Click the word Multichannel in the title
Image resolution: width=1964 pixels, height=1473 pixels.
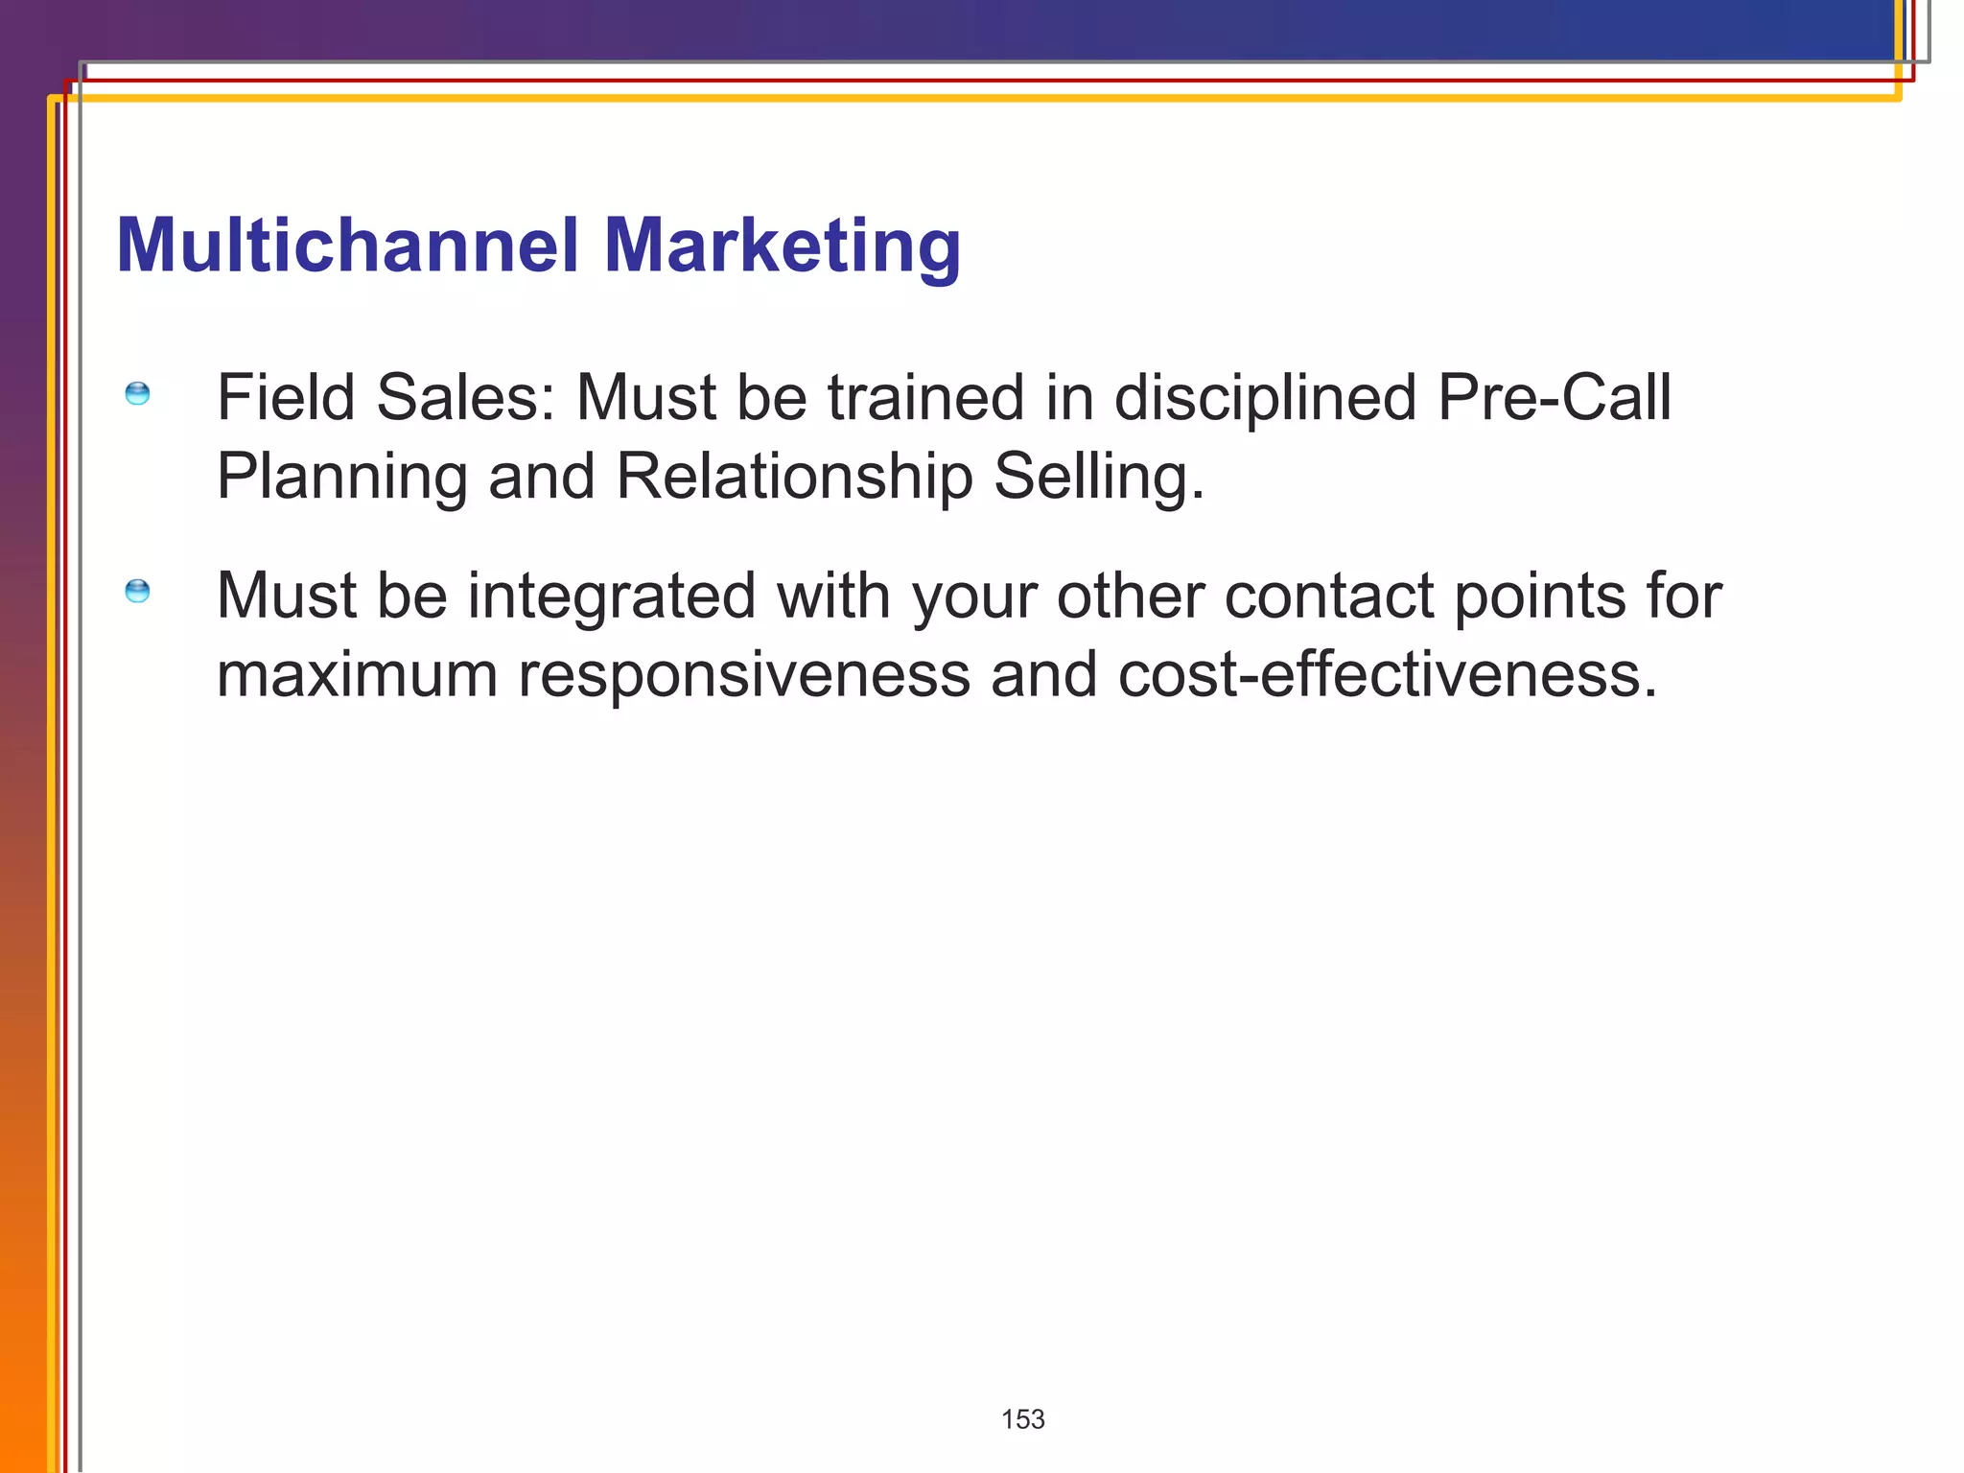click(x=347, y=245)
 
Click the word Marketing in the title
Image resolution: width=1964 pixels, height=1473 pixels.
click(x=782, y=247)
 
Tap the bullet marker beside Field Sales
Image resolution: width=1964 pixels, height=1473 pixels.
click(x=138, y=394)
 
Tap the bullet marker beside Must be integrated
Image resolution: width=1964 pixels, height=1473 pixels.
click(x=138, y=591)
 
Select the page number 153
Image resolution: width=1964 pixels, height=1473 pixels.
click(x=1022, y=1419)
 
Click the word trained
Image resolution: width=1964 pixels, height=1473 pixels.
click(x=926, y=397)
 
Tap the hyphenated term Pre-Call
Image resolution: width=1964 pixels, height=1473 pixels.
click(x=1554, y=397)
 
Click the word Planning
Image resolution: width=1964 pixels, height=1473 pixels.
click(x=341, y=478)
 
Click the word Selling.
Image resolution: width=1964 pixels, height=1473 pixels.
click(x=1098, y=477)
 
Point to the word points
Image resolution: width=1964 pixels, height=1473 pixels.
click(x=1540, y=596)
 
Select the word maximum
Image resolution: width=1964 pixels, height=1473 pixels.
click(x=357, y=674)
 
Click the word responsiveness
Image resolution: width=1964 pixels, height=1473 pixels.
click(x=744, y=675)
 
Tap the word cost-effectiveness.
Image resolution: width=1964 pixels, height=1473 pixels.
click(x=1387, y=674)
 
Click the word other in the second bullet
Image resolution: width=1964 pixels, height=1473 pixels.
click(x=1130, y=596)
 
